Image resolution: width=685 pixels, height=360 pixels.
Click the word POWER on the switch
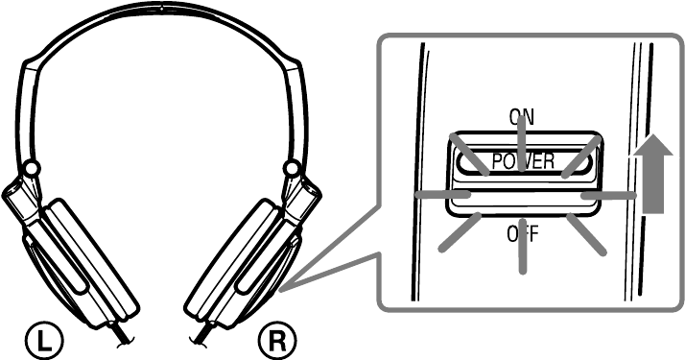523,161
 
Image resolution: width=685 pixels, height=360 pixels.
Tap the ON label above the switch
522,117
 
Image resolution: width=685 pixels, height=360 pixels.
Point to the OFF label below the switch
522,233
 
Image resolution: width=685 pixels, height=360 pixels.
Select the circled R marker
279,339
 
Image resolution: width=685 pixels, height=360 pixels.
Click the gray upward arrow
655,174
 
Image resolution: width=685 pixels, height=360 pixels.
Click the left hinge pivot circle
31,169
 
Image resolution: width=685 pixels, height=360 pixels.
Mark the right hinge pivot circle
292,169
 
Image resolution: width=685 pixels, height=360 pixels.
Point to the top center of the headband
161,8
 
